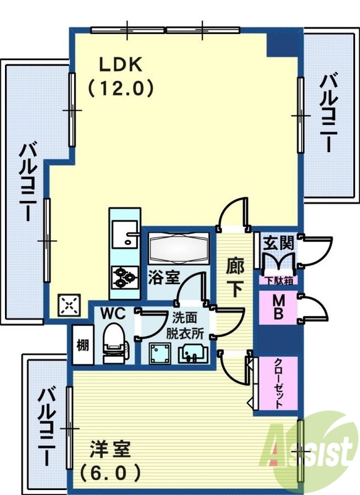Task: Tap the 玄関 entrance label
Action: [x=278, y=243]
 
